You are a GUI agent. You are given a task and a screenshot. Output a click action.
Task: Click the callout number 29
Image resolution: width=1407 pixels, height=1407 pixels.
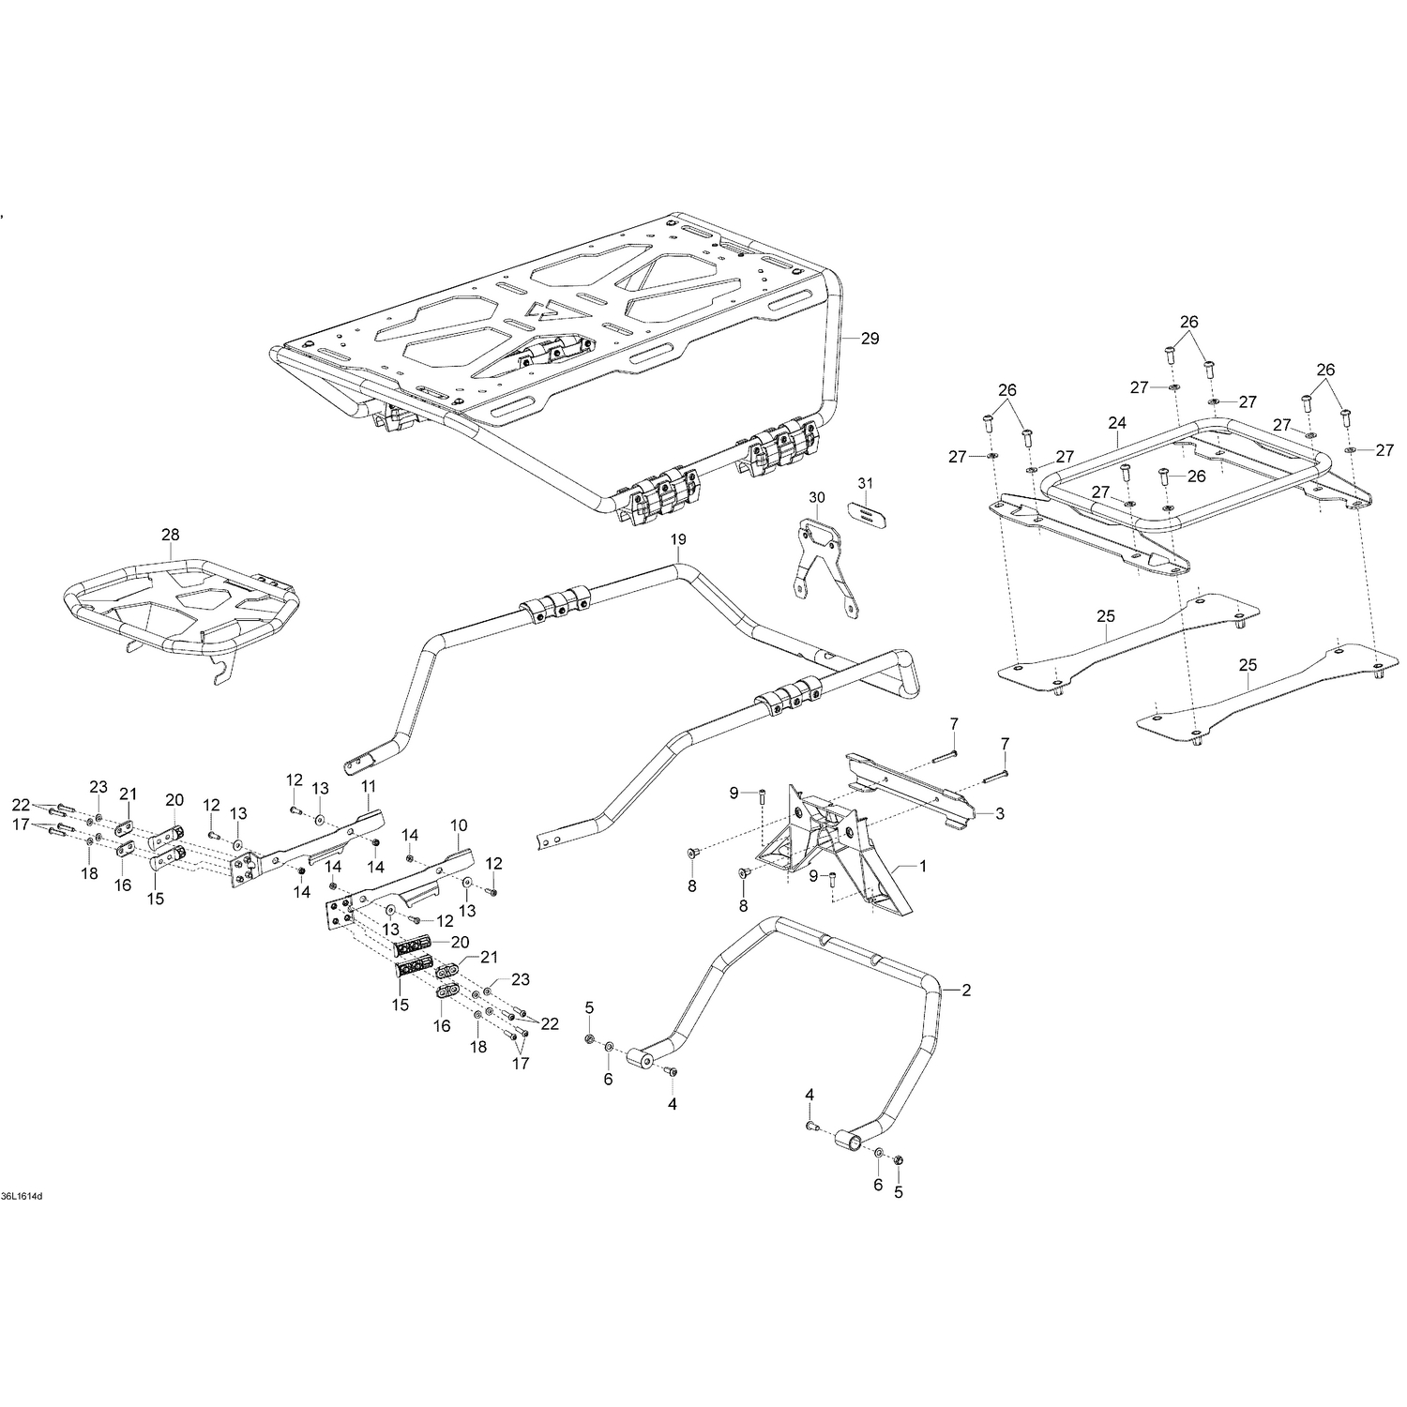(x=870, y=339)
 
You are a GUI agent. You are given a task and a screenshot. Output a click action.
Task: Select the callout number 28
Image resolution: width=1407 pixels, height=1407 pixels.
(x=170, y=535)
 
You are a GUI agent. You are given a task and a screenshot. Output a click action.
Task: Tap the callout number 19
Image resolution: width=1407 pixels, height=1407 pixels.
(x=678, y=539)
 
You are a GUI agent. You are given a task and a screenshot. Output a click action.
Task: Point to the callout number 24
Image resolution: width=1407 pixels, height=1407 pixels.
(x=1116, y=423)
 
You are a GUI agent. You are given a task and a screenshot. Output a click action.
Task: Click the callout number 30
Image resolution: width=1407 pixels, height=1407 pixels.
(x=816, y=497)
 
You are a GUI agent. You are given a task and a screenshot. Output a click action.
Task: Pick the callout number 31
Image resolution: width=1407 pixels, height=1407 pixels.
(x=865, y=483)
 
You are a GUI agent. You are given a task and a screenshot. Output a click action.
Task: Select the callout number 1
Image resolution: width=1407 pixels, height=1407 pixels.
(x=922, y=867)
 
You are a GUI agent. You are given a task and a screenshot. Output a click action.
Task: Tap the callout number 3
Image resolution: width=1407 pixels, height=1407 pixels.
(x=1000, y=814)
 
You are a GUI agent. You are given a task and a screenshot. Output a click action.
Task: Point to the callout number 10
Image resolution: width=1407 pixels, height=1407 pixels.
(x=459, y=825)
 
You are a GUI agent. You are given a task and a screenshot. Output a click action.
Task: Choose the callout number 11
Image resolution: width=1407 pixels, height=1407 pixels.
(x=368, y=785)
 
